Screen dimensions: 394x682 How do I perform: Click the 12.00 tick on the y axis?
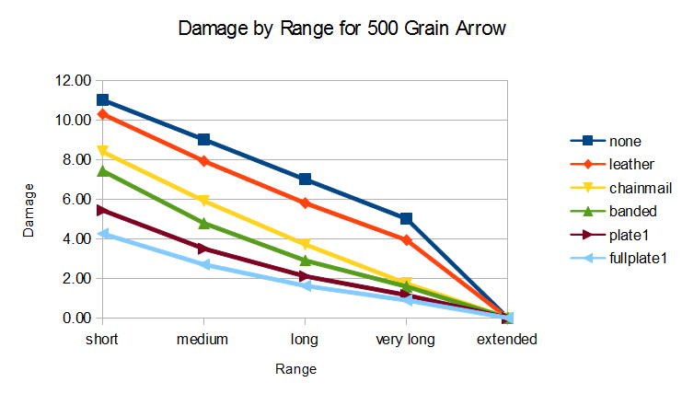72,80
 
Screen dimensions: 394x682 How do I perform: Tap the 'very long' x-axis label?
405,340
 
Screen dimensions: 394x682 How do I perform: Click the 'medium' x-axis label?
202,340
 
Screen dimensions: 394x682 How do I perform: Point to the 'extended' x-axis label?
507,340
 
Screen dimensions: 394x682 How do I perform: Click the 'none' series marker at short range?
102,99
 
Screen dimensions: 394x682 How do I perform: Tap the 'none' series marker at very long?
406,218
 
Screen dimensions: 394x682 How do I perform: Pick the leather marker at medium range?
203,161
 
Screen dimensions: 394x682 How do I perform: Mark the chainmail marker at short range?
102,151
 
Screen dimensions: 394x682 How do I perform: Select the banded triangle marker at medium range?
203,223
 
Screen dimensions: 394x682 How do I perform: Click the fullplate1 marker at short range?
102,234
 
